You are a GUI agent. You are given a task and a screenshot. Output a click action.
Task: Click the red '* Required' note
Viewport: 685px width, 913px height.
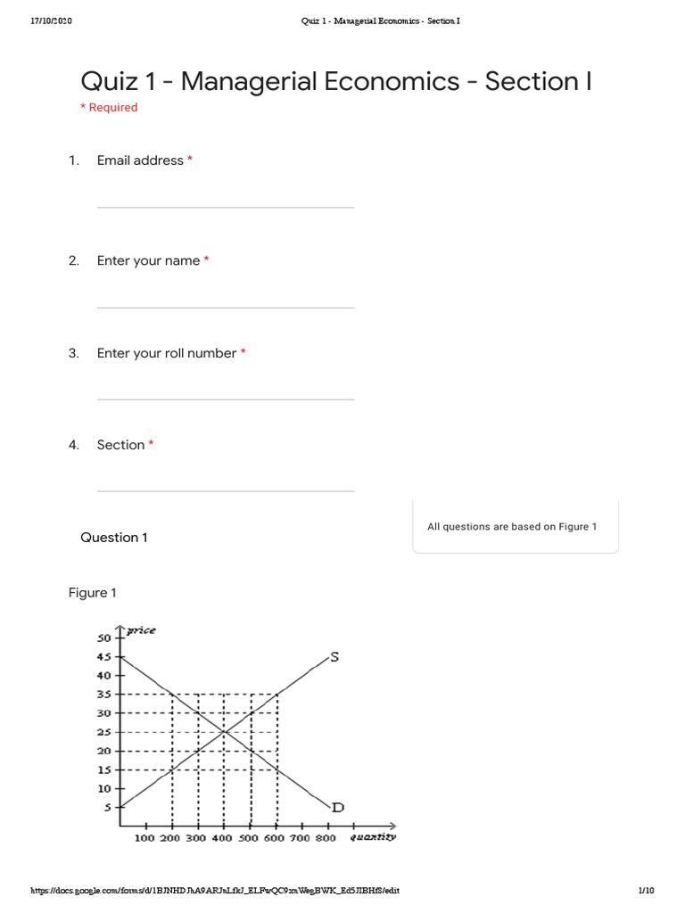point(109,108)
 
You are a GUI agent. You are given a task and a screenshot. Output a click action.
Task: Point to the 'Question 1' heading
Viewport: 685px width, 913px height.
point(114,538)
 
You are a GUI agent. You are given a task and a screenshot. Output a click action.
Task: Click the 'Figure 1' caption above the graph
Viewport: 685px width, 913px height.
point(93,593)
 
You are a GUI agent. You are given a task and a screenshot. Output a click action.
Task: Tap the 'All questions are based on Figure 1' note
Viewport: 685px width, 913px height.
point(512,527)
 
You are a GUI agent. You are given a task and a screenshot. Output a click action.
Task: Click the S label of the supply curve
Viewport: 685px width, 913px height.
point(334,658)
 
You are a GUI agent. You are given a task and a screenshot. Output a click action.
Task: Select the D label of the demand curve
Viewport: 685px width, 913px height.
point(337,808)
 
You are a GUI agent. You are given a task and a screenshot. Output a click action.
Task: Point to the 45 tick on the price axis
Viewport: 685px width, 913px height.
point(104,657)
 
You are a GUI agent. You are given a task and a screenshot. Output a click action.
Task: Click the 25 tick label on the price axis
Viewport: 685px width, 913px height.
point(104,732)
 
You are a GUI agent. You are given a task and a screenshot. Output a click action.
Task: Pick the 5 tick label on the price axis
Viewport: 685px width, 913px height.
point(108,808)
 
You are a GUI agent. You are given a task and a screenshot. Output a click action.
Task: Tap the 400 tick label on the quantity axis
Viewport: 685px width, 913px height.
point(222,838)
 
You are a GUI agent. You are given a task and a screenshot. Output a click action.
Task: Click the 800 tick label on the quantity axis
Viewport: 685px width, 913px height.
point(326,838)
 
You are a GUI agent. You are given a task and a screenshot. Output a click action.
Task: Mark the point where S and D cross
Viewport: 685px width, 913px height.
point(224,732)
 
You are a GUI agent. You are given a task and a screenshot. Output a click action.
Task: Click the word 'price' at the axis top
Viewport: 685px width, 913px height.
point(140,630)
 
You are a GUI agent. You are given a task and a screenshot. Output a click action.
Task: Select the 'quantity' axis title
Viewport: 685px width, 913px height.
point(373,837)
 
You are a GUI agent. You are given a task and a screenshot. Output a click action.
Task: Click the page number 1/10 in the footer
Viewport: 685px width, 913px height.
point(646,891)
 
